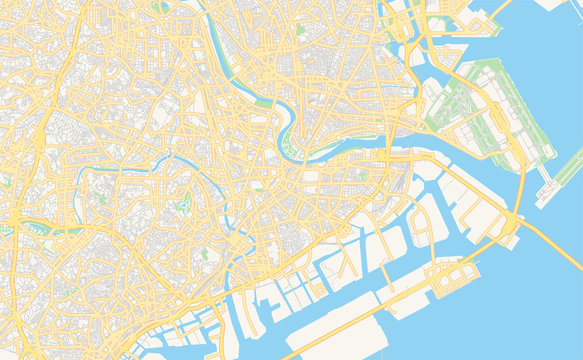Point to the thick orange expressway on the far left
[38, 150]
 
